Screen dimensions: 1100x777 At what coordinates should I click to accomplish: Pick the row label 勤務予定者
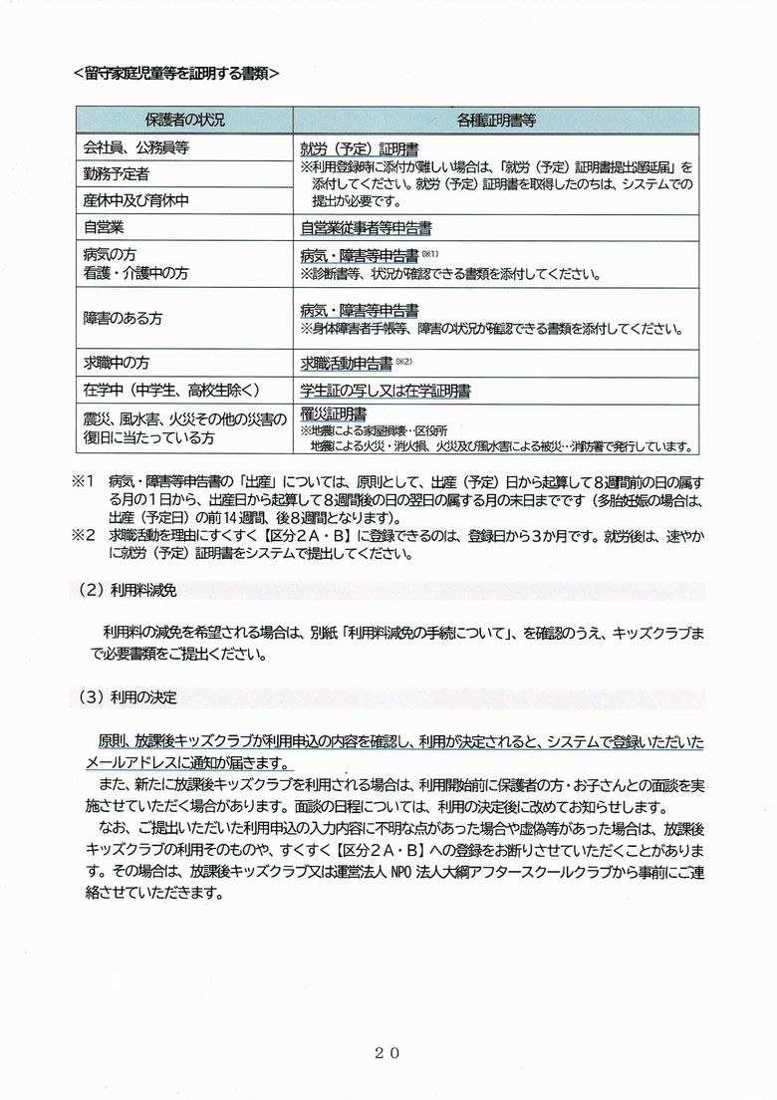click(123, 173)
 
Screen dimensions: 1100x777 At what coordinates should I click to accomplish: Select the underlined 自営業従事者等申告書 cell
click(366, 227)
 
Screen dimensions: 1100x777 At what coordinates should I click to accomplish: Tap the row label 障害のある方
click(123, 318)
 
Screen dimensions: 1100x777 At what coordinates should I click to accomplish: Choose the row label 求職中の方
click(123, 363)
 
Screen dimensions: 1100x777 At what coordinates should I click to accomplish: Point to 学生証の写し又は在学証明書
click(386, 390)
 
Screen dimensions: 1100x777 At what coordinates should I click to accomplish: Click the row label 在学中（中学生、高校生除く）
click(172, 390)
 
